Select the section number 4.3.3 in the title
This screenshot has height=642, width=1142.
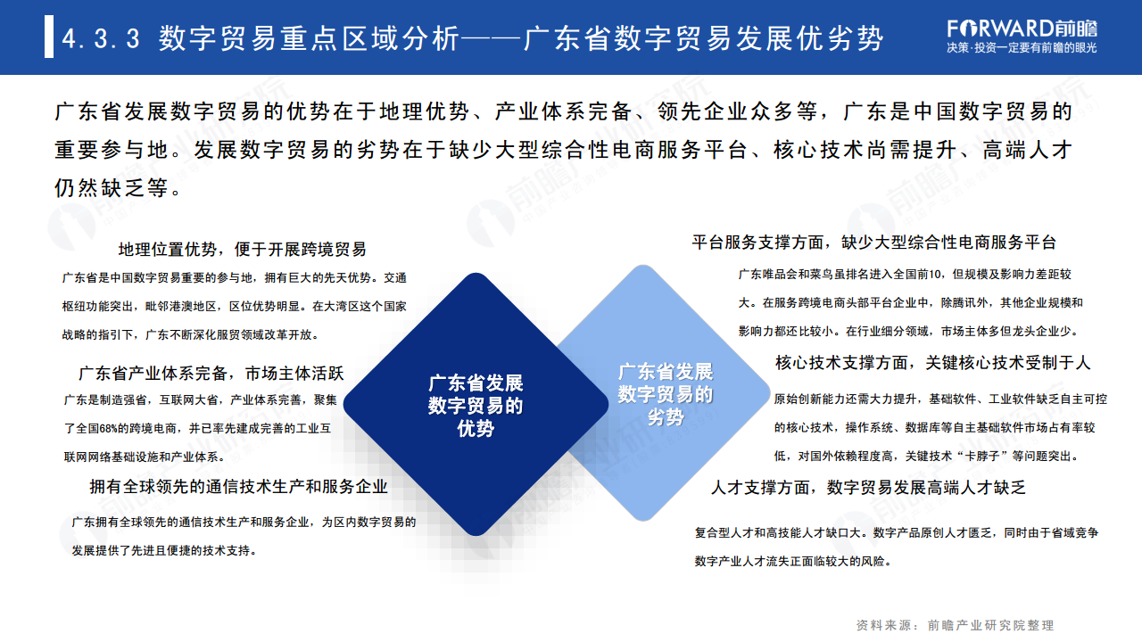tap(102, 39)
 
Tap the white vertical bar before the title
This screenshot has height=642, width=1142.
tap(49, 38)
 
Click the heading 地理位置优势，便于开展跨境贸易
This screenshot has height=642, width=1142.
tap(242, 250)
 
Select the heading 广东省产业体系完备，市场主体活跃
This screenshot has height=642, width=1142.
tap(211, 373)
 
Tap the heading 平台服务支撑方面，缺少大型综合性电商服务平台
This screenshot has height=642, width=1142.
tap(873, 243)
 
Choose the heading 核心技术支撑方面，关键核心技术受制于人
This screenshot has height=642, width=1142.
tap(932, 363)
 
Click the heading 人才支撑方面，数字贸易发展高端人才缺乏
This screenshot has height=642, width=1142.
tap(868, 488)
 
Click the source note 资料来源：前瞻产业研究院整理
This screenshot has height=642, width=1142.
tap(955, 625)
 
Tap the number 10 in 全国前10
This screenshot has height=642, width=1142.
tap(936, 275)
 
